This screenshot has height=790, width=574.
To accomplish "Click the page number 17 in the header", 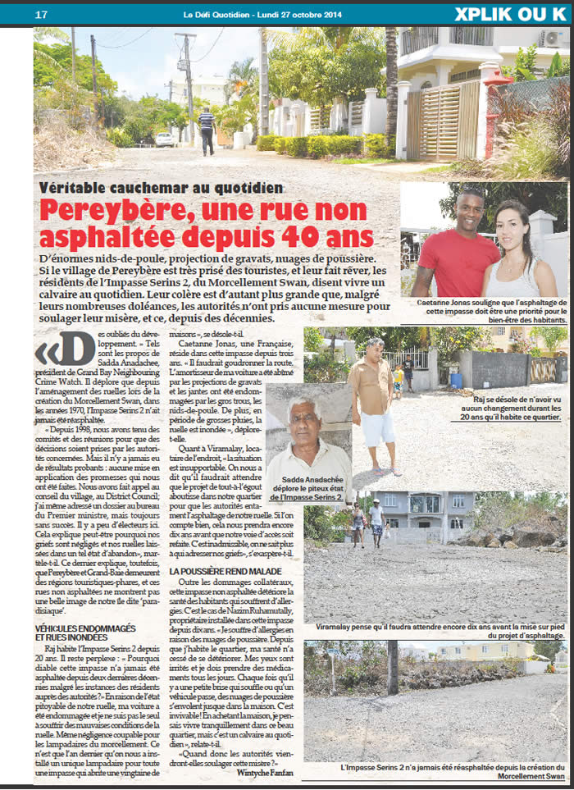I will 41,14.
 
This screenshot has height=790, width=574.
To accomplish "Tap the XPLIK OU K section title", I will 509,14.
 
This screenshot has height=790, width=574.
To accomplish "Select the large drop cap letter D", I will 74,349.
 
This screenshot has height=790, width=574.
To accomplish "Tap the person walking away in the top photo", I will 207,129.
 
